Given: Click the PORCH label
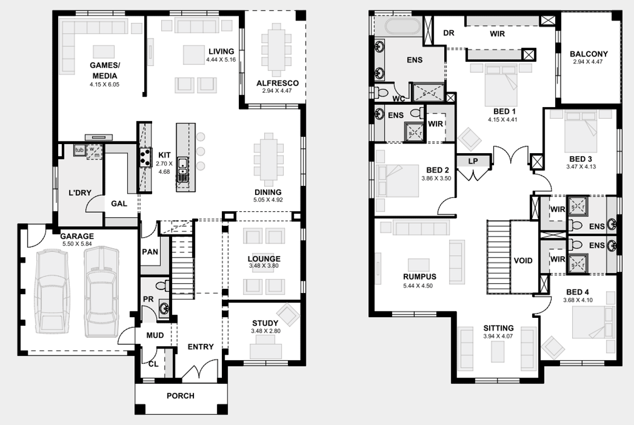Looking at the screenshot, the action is click(x=181, y=395).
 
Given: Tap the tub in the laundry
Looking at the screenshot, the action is click(x=80, y=150).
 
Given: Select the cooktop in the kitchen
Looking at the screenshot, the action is click(x=145, y=157).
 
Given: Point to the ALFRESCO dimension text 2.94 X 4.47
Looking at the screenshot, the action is click(x=277, y=91).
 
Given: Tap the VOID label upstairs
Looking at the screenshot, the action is click(x=523, y=260).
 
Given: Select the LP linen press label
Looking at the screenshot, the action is click(x=473, y=161).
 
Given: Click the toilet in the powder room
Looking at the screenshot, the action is click(x=163, y=286).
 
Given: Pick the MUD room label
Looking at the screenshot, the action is click(x=155, y=335).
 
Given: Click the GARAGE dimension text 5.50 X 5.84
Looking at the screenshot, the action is click(x=77, y=244).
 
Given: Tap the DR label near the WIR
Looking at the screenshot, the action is click(x=449, y=33).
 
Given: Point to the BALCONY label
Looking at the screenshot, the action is click(x=589, y=54).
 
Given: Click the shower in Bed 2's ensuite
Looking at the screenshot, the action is click(x=414, y=131).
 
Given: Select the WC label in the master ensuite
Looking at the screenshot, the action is click(x=398, y=99).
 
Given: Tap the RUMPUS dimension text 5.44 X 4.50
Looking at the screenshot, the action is click(x=418, y=286).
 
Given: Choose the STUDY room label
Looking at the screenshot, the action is click(x=265, y=323).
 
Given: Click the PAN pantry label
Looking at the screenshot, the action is click(x=150, y=252).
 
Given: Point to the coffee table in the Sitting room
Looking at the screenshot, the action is click(x=498, y=352).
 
